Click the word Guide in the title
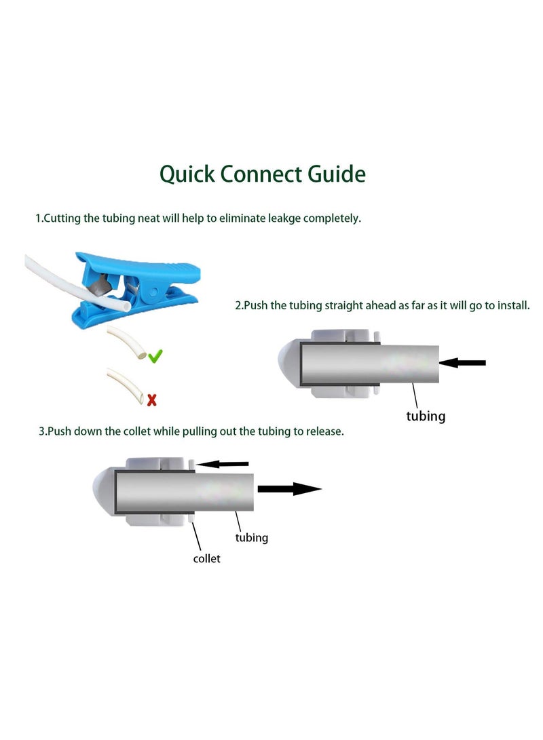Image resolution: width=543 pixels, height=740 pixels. click(337, 174)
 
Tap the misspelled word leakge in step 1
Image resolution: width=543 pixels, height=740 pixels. click(284, 219)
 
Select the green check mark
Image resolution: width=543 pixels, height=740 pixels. click(155, 356)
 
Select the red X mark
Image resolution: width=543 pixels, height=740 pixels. click(151, 401)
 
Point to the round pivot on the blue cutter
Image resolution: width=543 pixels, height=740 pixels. click(153, 294)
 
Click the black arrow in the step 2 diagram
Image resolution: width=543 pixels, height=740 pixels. click(462, 362)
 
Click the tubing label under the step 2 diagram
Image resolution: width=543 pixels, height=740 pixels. click(426, 416)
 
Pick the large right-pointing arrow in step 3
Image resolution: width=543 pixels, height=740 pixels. click(289, 489)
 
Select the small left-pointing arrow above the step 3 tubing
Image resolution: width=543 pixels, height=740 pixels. click(222, 464)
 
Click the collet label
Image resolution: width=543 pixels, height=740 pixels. click(206, 559)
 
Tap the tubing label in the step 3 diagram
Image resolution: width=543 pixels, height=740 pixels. click(252, 538)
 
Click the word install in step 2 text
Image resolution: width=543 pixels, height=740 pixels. click(514, 305)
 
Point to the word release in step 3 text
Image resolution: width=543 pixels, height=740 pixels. click(325, 431)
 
